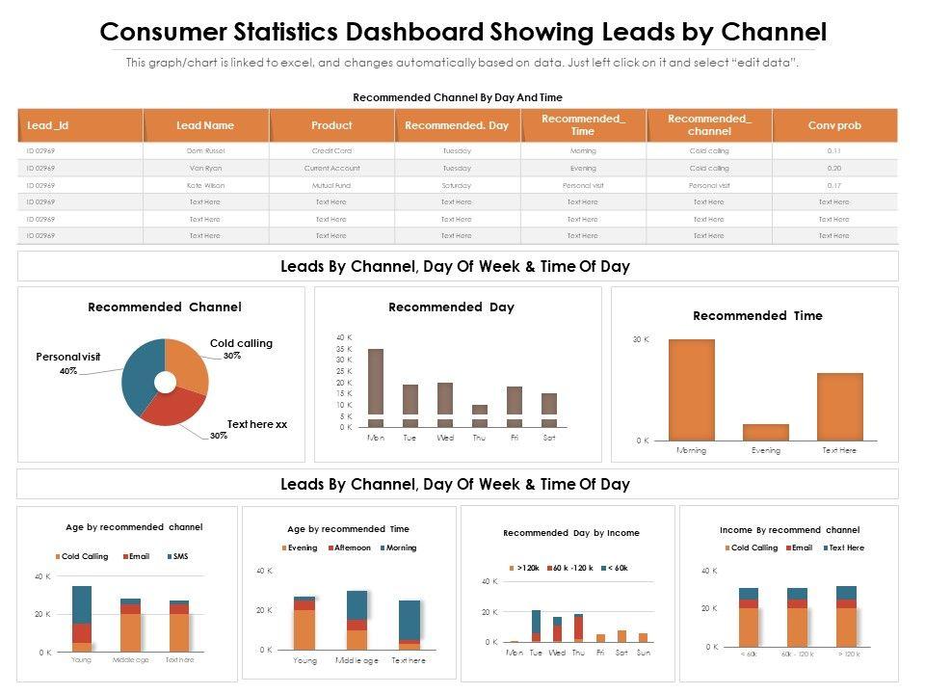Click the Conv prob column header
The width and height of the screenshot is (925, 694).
coord(834,125)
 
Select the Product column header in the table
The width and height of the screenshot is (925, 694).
coord(331,125)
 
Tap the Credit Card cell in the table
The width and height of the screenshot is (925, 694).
coord(331,151)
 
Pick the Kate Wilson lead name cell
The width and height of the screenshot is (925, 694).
coord(205,185)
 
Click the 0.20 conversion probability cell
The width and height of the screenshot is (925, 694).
coord(834,168)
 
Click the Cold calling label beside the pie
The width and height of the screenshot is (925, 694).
coord(241,343)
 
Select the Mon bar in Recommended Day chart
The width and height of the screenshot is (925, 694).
coord(376,386)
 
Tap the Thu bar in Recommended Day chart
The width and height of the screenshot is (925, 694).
coord(480,415)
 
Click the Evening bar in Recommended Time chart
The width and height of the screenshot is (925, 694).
coord(766,432)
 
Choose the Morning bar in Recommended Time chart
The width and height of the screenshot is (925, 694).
coord(692,389)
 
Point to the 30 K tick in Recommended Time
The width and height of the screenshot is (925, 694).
coord(641,340)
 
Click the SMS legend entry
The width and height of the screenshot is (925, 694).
coord(179,556)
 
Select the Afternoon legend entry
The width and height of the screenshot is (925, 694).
coord(351,547)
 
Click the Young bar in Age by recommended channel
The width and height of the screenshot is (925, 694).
coord(82,617)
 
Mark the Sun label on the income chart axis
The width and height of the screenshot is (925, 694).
coord(644,653)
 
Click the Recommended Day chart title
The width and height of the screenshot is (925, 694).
coord(451,307)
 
